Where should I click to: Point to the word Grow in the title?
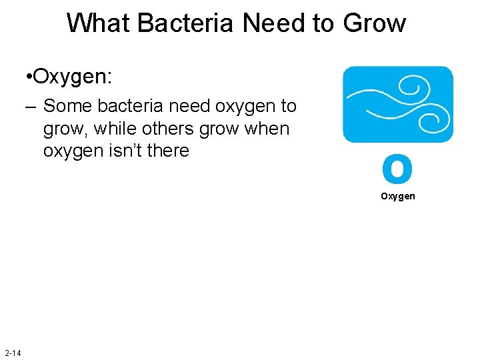tap(374, 23)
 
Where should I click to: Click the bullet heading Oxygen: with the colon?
tap(73, 77)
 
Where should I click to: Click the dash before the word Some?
tap(31, 107)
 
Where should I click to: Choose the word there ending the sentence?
tap(168, 151)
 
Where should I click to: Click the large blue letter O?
tap(397, 169)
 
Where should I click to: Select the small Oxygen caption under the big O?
tap(398, 196)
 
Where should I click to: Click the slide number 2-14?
tap(12, 352)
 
